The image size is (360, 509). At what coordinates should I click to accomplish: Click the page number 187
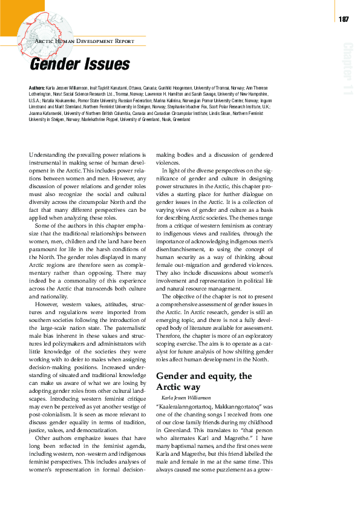tap(344, 19)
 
